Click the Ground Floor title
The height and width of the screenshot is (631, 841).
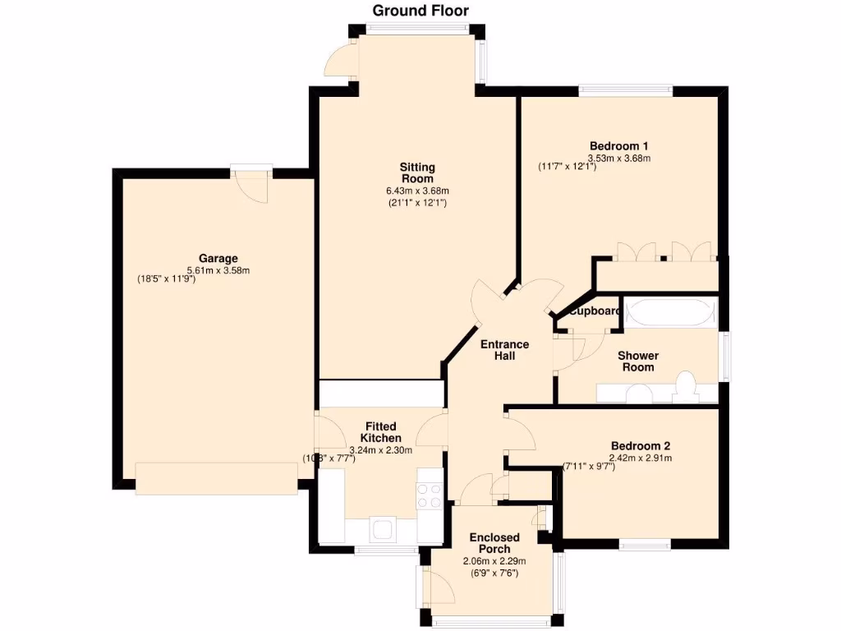point(420,11)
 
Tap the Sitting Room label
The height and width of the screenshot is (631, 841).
point(417,173)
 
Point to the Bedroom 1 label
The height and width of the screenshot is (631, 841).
point(618,146)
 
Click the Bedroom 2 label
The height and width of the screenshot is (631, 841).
point(640,446)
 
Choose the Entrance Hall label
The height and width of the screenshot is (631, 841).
point(504,350)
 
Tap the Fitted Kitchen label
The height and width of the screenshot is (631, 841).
point(381,432)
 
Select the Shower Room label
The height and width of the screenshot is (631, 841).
point(638,362)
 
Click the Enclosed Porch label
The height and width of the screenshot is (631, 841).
point(494,543)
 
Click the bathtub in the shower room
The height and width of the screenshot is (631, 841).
point(670,312)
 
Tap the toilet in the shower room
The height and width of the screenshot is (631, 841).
point(686,386)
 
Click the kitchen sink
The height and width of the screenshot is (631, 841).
point(383,529)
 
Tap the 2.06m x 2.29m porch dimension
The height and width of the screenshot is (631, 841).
point(494,561)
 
